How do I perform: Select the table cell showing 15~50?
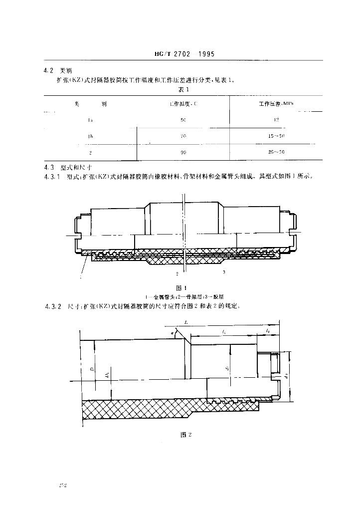click(x=276, y=136)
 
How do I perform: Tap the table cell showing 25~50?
click(x=276, y=152)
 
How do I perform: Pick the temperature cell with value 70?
click(x=182, y=136)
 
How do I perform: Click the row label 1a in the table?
click(x=90, y=120)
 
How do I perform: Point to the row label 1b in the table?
click(x=90, y=136)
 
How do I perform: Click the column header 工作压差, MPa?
click(x=276, y=104)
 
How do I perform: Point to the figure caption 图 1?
click(x=181, y=287)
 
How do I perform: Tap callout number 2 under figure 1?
click(x=177, y=274)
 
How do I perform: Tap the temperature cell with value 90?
click(x=182, y=152)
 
